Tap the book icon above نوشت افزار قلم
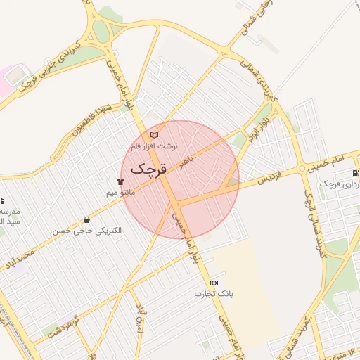155,135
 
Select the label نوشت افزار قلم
155,146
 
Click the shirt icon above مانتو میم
120,181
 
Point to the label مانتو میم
120,191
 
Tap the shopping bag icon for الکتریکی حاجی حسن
86,220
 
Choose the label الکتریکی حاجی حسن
86,230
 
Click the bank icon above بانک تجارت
214,283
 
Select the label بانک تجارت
214,293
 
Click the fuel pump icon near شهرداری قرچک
355,173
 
